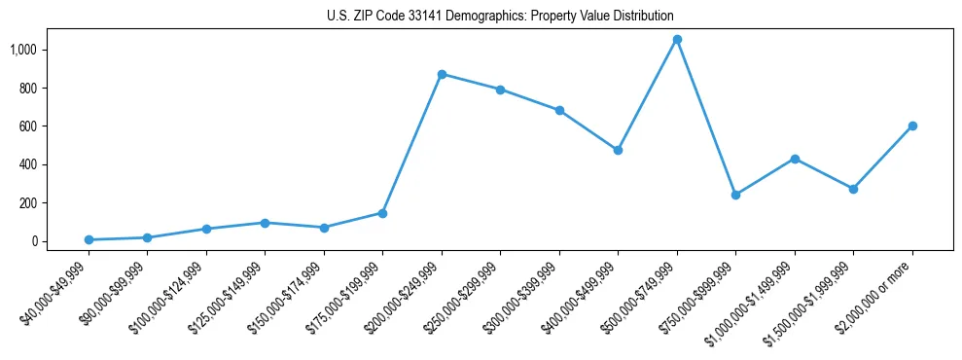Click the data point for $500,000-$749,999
(x=677, y=40)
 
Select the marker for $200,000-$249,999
(x=442, y=74)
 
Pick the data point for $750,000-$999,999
(x=735, y=195)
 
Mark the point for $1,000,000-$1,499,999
(x=795, y=159)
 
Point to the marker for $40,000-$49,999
(x=89, y=239)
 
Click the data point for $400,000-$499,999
(x=618, y=151)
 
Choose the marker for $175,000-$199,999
(x=382, y=213)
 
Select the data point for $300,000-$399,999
(x=559, y=110)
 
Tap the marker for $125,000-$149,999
(x=265, y=223)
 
